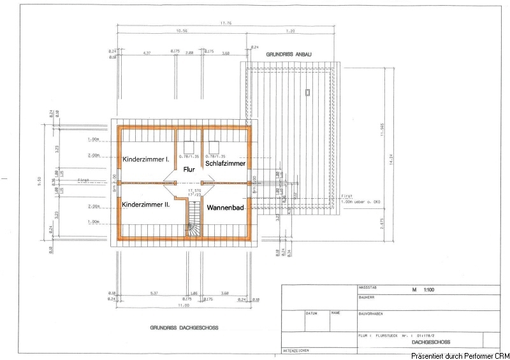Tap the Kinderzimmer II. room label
(x=145, y=205)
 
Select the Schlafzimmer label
(x=225, y=164)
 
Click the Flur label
(x=189, y=169)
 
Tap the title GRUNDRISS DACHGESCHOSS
(x=184, y=328)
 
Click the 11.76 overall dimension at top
(x=226, y=24)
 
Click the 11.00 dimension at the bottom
(x=184, y=306)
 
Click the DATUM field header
(x=311, y=313)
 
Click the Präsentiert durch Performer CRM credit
(x=460, y=355)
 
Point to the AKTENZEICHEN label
(x=296, y=351)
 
